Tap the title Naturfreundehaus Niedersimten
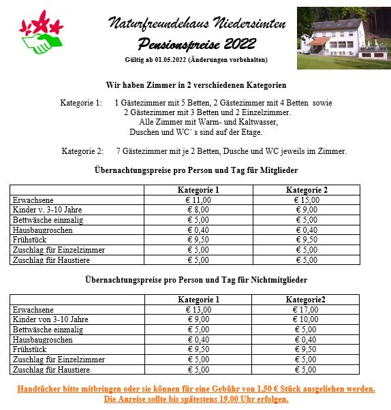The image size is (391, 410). pos(197,24)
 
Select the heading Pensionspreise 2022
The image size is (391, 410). pos(196,44)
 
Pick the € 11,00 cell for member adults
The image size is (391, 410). pos(198,200)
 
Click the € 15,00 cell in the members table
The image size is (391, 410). pos(306,200)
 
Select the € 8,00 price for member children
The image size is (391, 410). pos(198,210)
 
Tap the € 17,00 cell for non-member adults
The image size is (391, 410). pos(306,309)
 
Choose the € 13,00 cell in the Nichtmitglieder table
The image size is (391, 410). pos(198,309)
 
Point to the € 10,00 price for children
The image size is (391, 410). pos(306,319)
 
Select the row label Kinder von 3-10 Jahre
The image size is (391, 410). pos(50,319)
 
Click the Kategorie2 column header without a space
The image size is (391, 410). pos(306,299)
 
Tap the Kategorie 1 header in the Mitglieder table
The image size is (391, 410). pos(198,190)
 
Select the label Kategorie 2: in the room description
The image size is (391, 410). pos(82,151)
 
